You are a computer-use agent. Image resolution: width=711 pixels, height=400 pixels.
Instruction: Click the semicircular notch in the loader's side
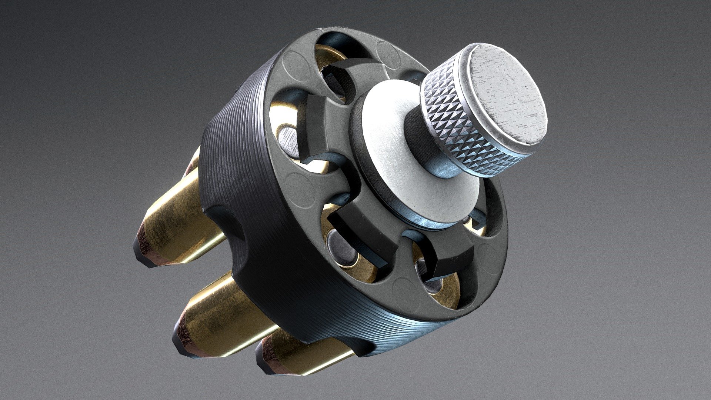pyautogui.click(x=226, y=226)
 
